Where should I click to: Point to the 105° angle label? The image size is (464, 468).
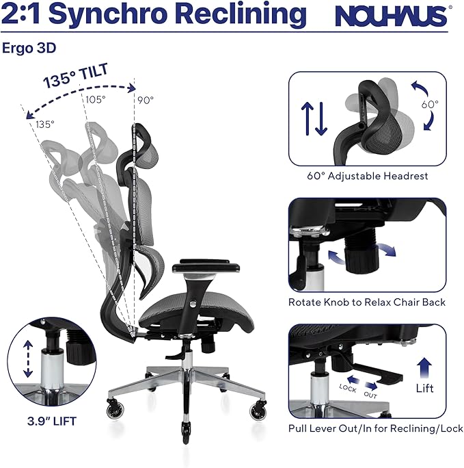coord(96,100)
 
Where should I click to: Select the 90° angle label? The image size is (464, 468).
coord(146,100)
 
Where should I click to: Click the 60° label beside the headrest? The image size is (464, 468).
coord(430,105)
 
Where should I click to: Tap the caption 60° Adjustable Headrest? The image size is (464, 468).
coord(368,176)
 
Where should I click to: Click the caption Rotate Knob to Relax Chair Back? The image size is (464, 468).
coord(367,302)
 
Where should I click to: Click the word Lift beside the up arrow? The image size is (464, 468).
coord(425,388)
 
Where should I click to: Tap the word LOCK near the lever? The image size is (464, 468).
coord(349,386)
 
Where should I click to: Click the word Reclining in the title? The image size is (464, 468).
coord(239,14)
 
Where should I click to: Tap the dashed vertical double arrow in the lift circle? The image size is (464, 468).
coord(27,360)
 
